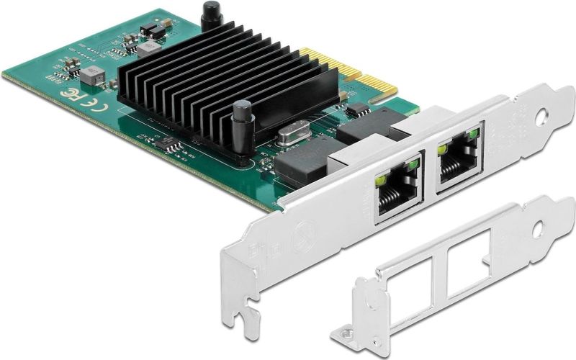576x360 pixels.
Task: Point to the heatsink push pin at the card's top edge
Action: pos(210,16)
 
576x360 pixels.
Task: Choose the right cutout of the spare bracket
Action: pos(469,259)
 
